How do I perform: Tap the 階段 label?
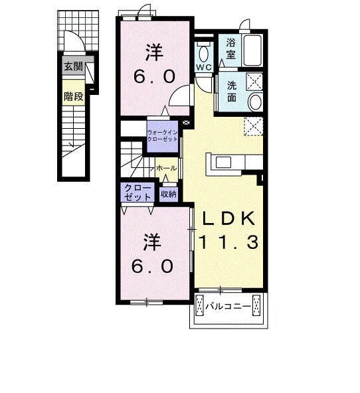click(x=72, y=97)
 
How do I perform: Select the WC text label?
click(x=203, y=68)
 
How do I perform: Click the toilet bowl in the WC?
click(x=203, y=52)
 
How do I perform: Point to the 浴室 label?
click(x=231, y=48)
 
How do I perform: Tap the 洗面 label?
click(x=232, y=91)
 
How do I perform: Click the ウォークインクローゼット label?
click(x=163, y=135)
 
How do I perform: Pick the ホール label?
click(x=166, y=169)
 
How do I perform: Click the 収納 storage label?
click(x=169, y=194)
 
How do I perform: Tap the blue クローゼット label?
click(x=135, y=193)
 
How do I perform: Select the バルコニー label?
click(x=227, y=307)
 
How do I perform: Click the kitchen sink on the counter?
click(x=222, y=163)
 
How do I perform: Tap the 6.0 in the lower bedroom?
click(x=152, y=267)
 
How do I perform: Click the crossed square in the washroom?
click(x=255, y=81)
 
